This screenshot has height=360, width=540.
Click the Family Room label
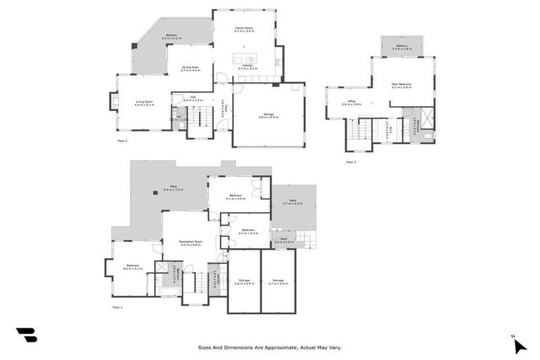pyautogui.click(x=243, y=30)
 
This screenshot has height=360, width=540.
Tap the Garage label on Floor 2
pyautogui.click(x=268, y=115)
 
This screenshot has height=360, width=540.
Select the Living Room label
pyautogui.click(x=144, y=103)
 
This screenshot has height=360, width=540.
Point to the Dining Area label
pyautogui.click(x=191, y=69)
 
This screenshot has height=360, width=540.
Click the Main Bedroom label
pyautogui.click(x=401, y=86)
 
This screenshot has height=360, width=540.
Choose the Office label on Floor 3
pyautogui.click(x=352, y=103)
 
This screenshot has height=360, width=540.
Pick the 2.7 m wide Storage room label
pyautogui.click(x=278, y=281)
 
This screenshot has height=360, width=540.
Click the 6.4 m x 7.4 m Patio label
pyautogui.click(x=173, y=188)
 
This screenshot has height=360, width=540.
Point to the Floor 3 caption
pyautogui.click(x=351, y=162)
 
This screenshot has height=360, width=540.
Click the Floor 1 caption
pyautogui.click(x=117, y=307)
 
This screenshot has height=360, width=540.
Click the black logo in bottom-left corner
pyautogui.click(x=26, y=335)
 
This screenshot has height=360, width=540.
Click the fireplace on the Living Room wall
pyautogui.click(x=113, y=102)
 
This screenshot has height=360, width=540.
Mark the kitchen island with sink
pyautogui.click(x=247, y=60)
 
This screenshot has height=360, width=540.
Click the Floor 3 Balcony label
pyautogui.click(x=401, y=47)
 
